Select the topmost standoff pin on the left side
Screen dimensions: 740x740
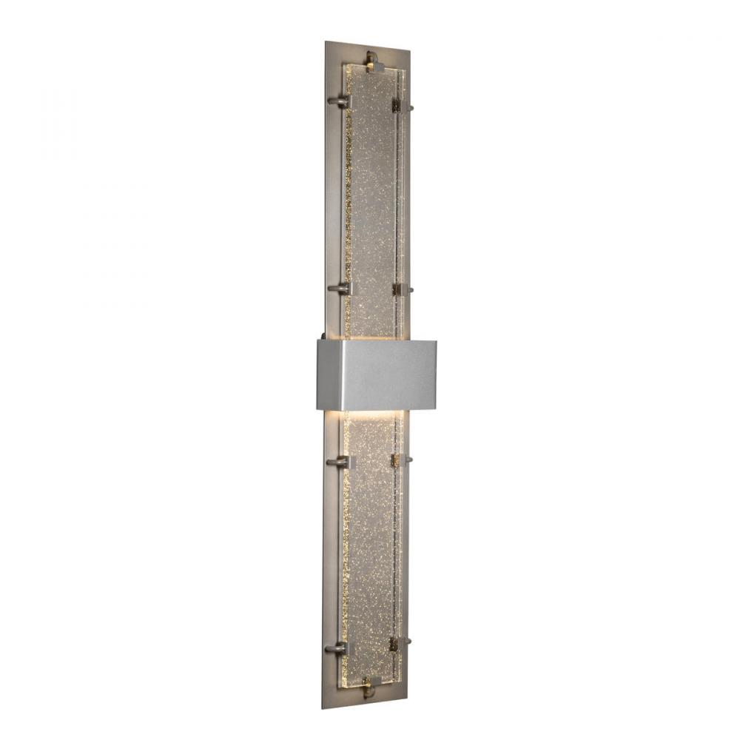[340, 101]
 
